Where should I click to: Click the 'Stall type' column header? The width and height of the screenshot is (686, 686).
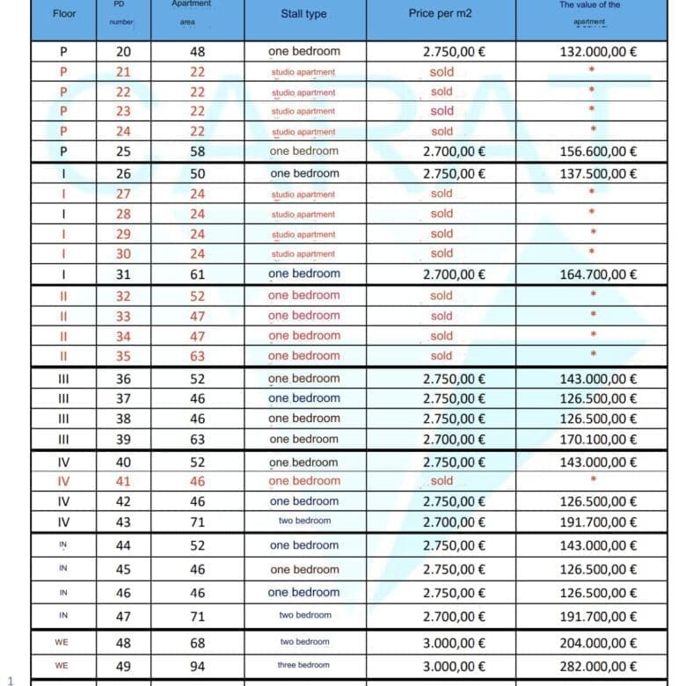click(x=303, y=14)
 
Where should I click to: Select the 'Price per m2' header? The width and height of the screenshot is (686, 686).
click(x=440, y=14)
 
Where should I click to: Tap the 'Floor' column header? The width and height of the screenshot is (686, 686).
click(x=64, y=14)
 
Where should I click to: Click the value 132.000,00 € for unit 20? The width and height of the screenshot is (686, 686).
click(x=598, y=52)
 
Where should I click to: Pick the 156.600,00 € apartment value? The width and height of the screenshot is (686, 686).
click(x=598, y=151)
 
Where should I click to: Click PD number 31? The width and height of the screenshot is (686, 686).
click(x=123, y=274)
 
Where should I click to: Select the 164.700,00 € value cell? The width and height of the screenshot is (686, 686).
click(x=598, y=274)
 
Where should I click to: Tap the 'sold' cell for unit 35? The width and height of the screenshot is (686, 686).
click(x=442, y=356)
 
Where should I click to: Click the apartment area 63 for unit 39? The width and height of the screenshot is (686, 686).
click(x=198, y=439)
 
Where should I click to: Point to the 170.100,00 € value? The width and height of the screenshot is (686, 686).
click(x=598, y=439)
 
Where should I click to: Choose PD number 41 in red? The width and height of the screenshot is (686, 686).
click(x=123, y=481)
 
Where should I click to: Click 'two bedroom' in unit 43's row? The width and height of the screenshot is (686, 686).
click(x=304, y=522)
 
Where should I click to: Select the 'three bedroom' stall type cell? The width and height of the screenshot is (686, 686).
click(x=303, y=666)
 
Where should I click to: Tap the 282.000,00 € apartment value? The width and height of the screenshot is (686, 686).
click(x=598, y=667)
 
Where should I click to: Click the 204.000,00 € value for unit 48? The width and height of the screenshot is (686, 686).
click(x=598, y=643)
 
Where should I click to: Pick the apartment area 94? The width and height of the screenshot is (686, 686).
click(x=198, y=667)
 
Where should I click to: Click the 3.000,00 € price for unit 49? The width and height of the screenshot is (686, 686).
click(x=454, y=667)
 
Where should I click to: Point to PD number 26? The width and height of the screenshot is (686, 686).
click(x=123, y=173)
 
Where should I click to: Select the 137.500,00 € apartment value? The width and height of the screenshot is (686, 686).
click(x=598, y=173)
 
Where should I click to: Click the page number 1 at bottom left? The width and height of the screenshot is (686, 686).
click(x=10, y=680)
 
